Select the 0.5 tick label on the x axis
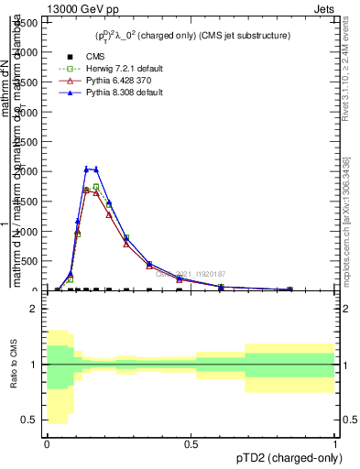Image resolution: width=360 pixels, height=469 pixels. [191, 444]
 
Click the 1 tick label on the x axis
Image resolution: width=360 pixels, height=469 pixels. [335, 444]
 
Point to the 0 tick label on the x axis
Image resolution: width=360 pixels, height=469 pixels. [47, 444]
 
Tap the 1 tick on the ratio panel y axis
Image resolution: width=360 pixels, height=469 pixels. [35, 365]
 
